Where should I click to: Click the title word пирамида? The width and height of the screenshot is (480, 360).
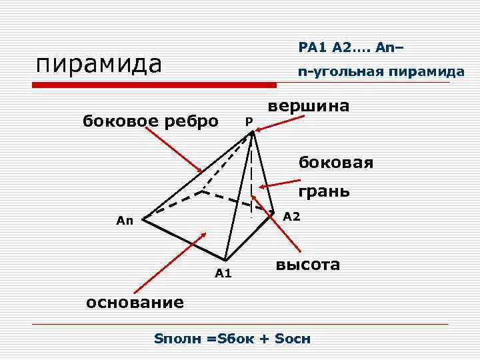click(99, 65)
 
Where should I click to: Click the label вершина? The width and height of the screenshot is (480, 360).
click(308, 106)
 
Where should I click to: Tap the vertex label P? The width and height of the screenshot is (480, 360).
click(248, 121)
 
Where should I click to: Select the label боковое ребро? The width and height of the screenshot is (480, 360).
click(150, 121)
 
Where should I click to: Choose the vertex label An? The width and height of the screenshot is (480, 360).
click(125, 221)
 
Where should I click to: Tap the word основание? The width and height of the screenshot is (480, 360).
click(135, 302)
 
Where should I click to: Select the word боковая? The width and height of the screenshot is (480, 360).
click(336, 162)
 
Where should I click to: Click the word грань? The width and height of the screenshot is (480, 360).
click(324, 192)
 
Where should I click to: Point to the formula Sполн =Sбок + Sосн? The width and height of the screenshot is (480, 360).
click(233, 338)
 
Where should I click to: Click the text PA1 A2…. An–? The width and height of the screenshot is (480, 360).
click(351, 47)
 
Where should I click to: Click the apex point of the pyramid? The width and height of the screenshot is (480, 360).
click(252, 133)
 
